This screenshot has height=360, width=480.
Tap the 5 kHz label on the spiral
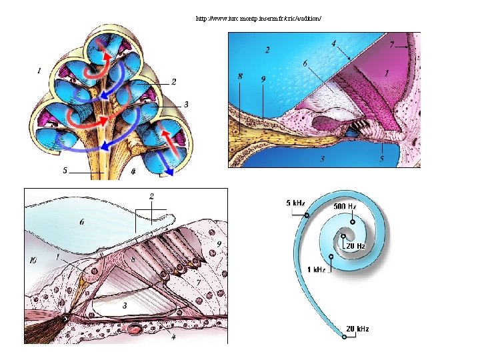[x=295, y=203]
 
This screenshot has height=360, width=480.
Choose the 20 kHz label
[x=357, y=328]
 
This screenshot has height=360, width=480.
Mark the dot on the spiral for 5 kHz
[x=307, y=215]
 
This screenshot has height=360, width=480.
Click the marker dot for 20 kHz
[x=344, y=337]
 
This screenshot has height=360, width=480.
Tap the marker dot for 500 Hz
[x=352, y=222]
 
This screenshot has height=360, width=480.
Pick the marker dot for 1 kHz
[x=331, y=257]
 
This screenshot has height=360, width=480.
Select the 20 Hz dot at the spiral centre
[x=343, y=235]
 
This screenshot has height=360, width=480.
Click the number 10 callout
[x=32, y=260]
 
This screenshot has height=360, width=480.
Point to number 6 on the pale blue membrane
[x=82, y=222]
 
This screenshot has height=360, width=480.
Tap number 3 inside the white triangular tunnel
[x=124, y=304]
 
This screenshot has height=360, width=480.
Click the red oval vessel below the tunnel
[x=136, y=329]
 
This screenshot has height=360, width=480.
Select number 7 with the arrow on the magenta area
[x=393, y=45]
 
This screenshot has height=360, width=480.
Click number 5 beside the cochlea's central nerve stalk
[x=65, y=171]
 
